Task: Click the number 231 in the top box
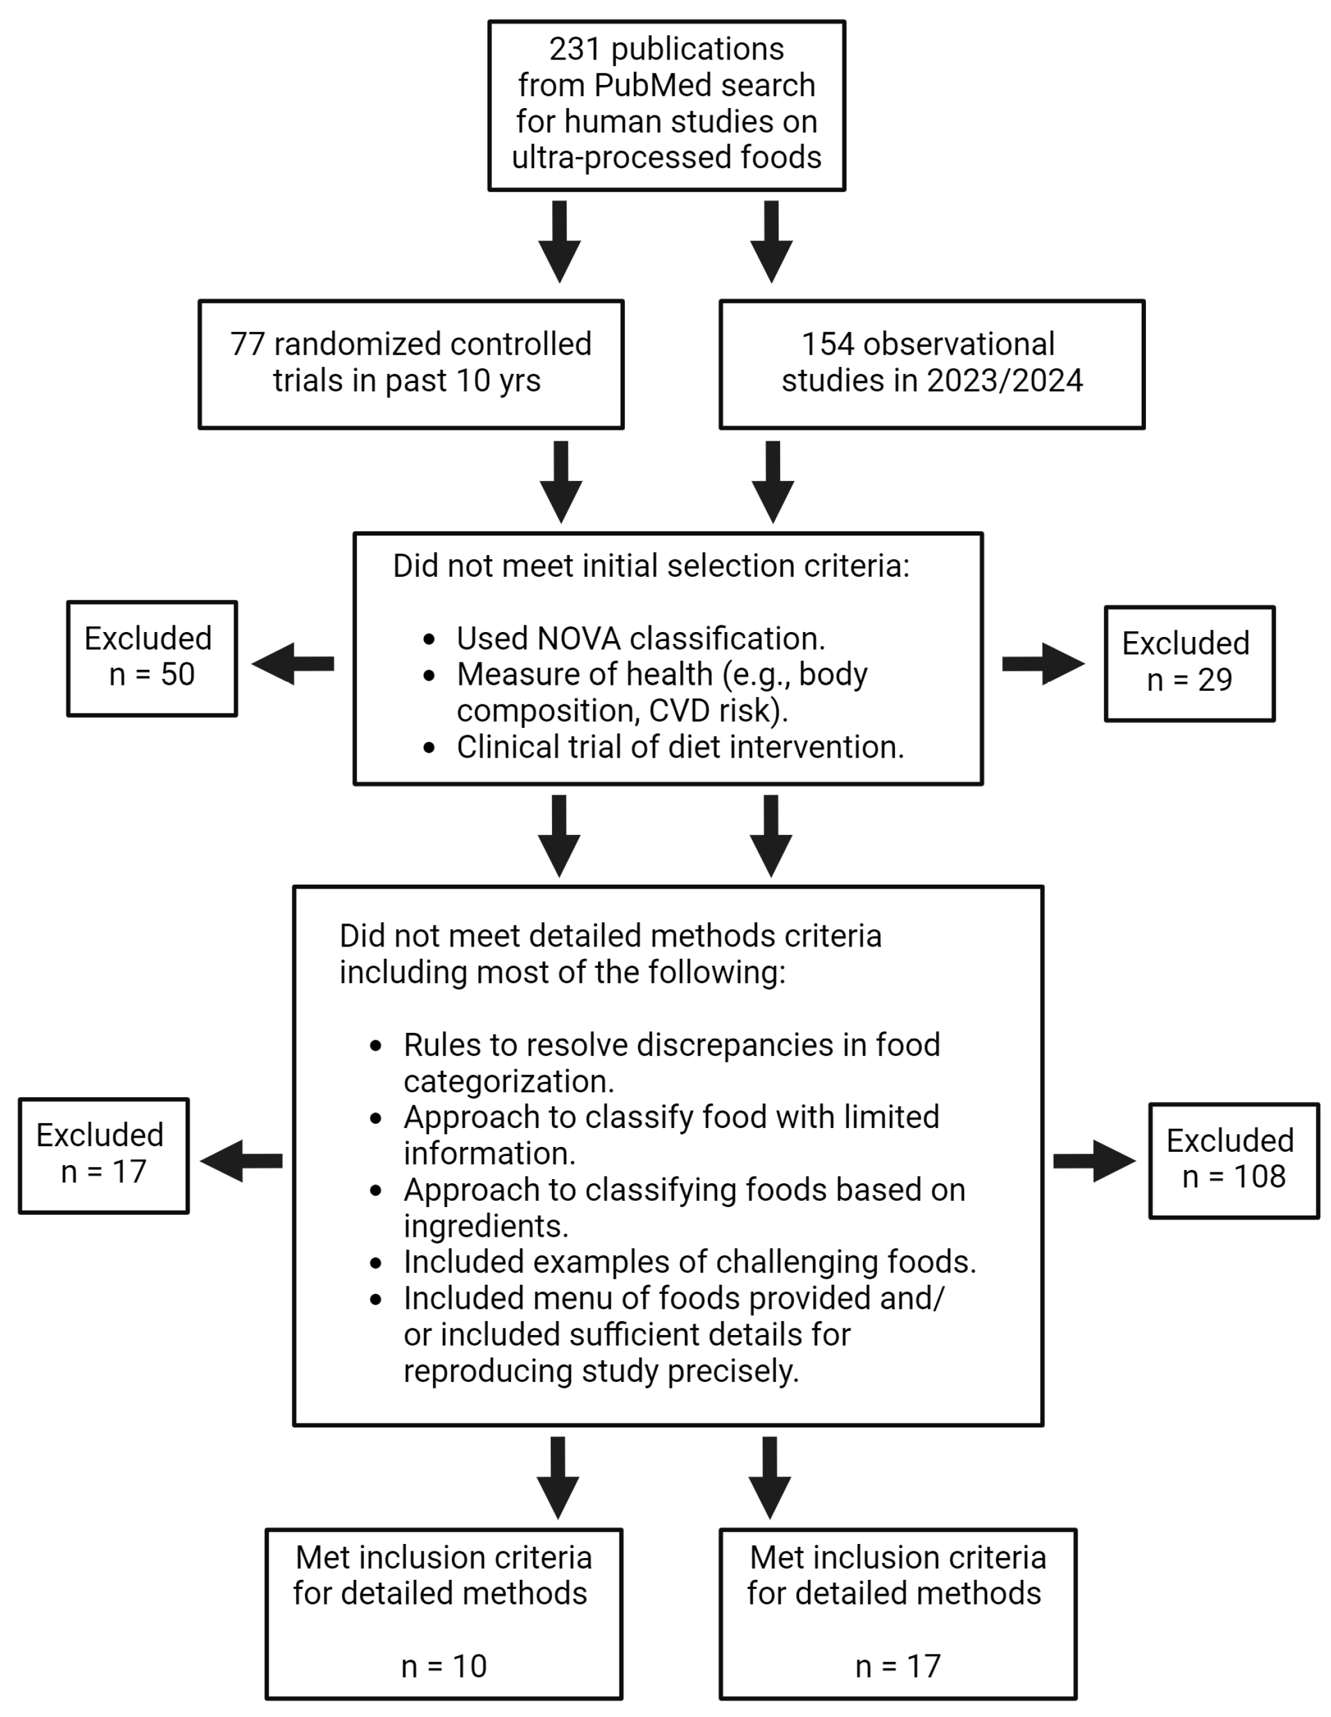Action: (x=575, y=49)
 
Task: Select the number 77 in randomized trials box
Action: (x=247, y=344)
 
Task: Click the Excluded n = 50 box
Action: (x=152, y=658)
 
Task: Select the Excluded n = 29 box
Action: (x=1189, y=663)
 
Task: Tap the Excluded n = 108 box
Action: (x=1233, y=1160)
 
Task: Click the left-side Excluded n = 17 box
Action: (x=104, y=1155)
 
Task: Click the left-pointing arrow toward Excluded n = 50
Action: (x=292, y=664)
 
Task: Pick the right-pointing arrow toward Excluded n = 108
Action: (x=1094, y=1160)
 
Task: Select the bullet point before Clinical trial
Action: (x=428, y=747)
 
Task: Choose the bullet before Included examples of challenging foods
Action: (x=376, y=1263)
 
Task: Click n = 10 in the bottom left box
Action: (x=444, y=1666)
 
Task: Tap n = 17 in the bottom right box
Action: (x=897, y=1666)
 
